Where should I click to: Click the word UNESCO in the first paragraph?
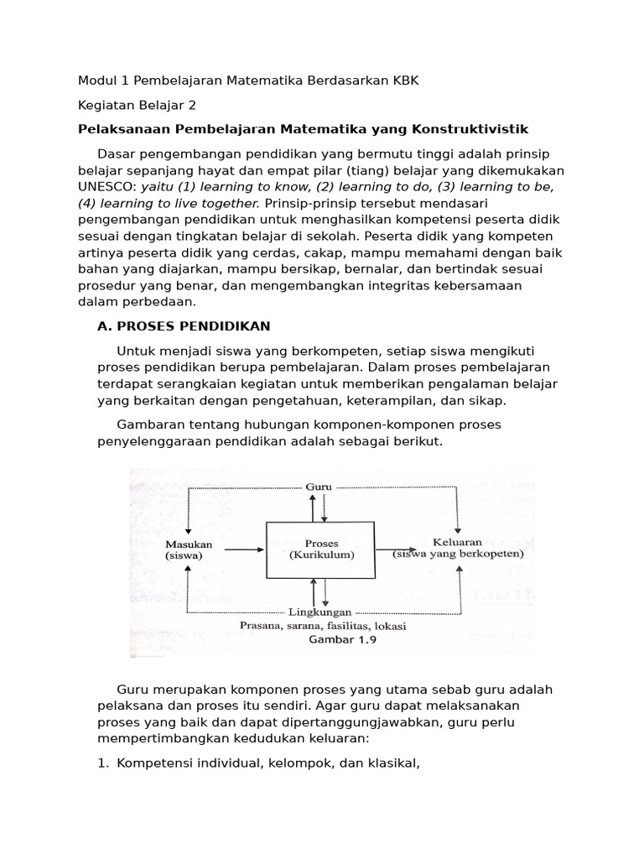107,186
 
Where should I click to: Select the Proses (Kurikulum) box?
321,549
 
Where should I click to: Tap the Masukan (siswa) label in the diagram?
189,549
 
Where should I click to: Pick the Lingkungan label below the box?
319,612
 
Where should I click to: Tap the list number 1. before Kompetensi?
104,763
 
